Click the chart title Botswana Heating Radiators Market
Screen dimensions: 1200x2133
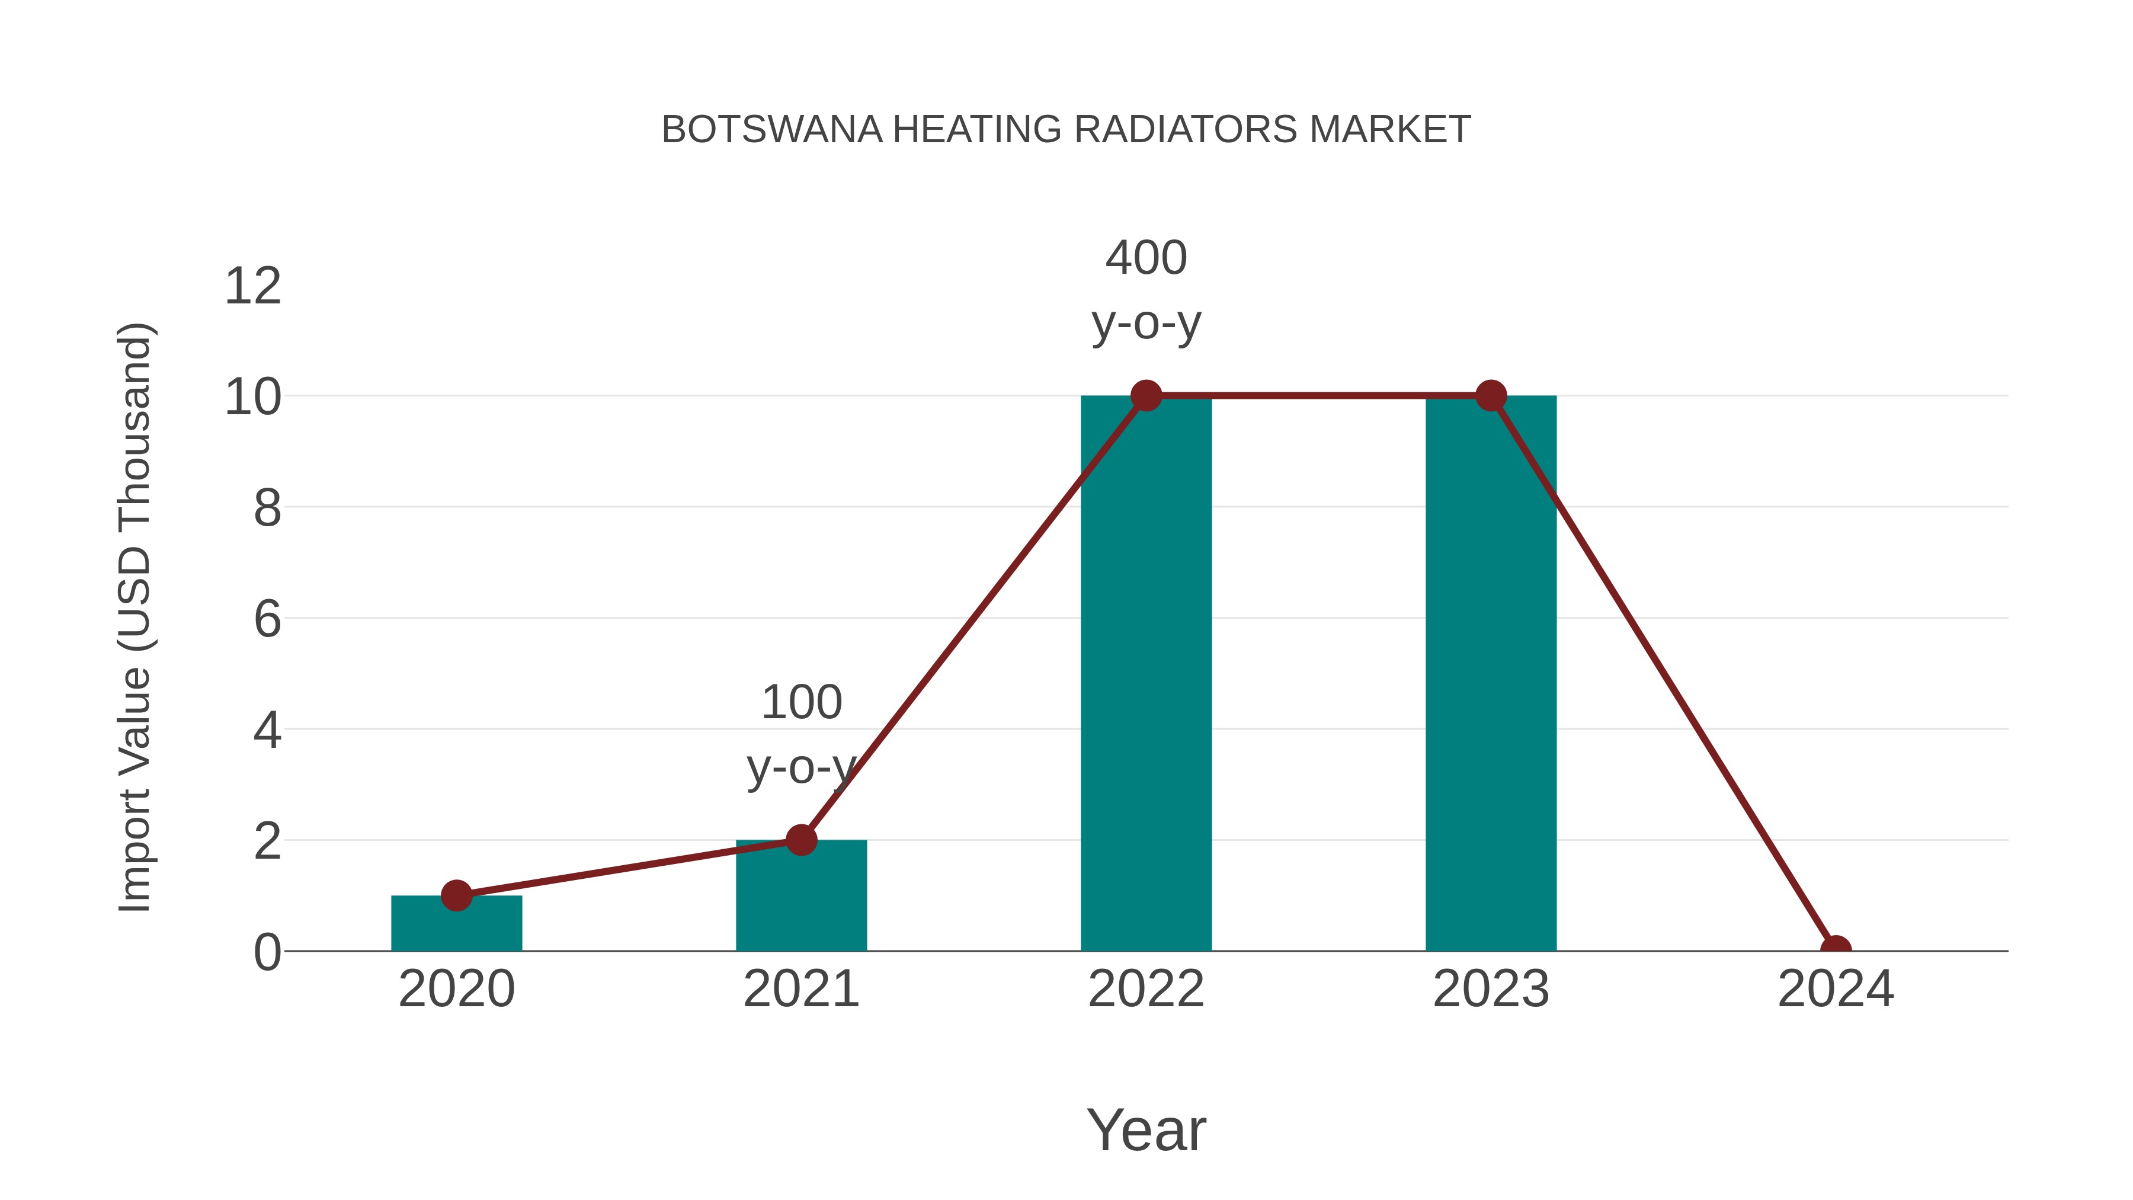coord(1066,130)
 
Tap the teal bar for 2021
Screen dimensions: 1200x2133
coord(800,898)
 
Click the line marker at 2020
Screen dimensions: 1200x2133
coord(456,895)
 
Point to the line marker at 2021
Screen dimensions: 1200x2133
coord(800,840)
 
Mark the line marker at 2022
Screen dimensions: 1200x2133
coord(1146,396)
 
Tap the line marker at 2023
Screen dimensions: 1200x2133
coord(1491,396)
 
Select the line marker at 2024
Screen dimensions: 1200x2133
coord(1836,948)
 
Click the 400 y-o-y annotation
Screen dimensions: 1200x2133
coord(1146,290)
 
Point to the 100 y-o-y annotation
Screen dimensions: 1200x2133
coord(800,734)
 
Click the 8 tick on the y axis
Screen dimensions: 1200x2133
coord(267,508)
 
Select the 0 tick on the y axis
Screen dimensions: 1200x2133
coord(267,952)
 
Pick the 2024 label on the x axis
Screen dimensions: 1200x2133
coord(1836,989)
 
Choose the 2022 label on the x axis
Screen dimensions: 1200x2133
coord(1146,989)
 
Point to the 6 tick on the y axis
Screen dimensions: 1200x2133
coord(267,619)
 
